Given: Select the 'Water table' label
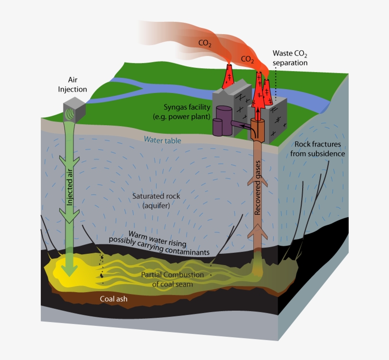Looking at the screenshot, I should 163,140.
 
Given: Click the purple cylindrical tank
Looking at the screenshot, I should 221,120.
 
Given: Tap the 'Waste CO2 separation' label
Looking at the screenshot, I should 290,58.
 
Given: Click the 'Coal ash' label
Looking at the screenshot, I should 113,299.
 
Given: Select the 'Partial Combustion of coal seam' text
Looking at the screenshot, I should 173,279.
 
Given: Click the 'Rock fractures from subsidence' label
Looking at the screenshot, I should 319,148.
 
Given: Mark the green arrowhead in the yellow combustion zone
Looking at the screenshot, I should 70,269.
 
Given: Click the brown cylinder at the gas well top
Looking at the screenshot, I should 259,129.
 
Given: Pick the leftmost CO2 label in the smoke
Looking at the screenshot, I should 205,43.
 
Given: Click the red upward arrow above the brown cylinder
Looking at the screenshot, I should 258,113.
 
